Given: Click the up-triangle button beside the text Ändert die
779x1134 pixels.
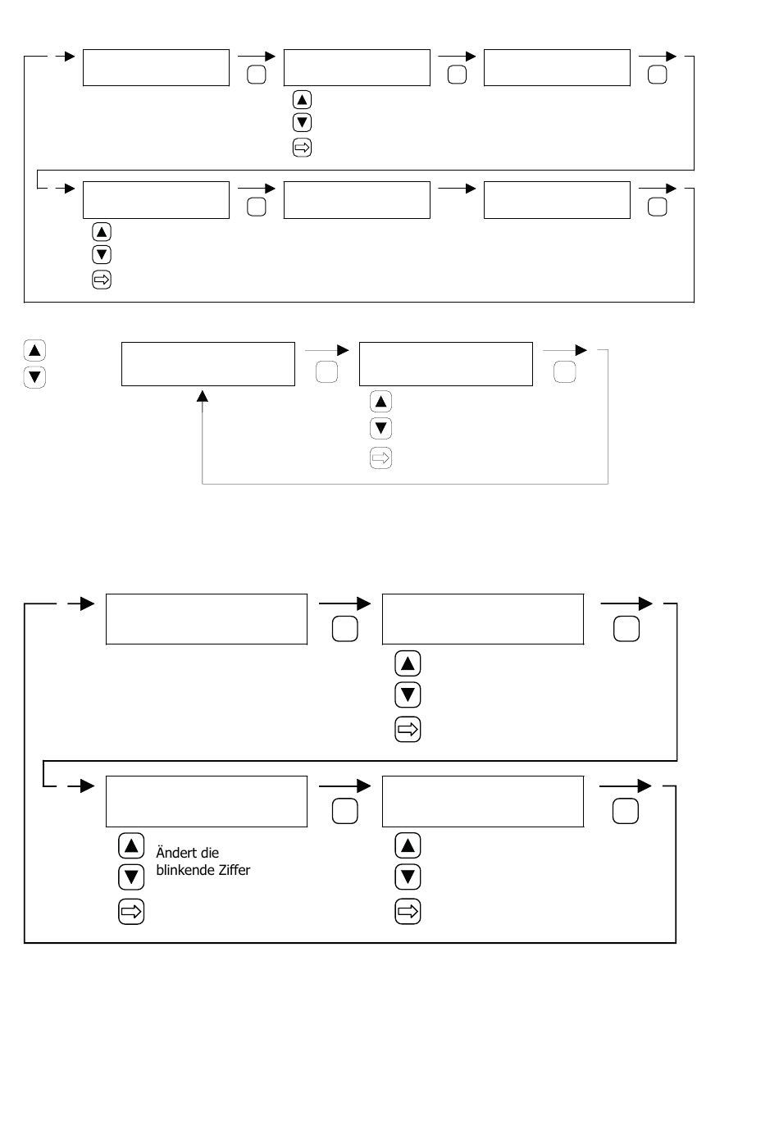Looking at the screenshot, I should [x=131, y=845].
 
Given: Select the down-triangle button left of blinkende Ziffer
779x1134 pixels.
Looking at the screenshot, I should [x=131, y=877].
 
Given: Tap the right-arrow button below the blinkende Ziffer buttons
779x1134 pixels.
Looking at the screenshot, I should [x=131, y=911].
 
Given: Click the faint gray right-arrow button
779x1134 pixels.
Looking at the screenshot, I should [x=380, y=458].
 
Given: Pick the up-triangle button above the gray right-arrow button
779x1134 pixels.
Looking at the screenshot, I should [x=380, y=402].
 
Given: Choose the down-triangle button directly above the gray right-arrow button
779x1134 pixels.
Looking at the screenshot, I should [x=380, y=428].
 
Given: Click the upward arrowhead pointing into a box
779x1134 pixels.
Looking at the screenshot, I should [x=203, y=396].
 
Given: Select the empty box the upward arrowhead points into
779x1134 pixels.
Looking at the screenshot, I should [x=207, y=364].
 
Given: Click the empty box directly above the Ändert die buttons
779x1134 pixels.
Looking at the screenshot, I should [x=207, y=802].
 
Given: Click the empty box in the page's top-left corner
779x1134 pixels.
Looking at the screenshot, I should [x=156, y=67].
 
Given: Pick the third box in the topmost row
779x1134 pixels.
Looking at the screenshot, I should [x=557, y=67].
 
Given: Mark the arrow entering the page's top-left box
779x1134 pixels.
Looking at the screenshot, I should [x=66, y=57].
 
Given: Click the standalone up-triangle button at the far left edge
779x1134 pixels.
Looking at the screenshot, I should [x=34, y=351].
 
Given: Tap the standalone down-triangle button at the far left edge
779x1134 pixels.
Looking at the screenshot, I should [x=34, y=377].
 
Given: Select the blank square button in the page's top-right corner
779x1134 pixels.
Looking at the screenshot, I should [x=657, y=75].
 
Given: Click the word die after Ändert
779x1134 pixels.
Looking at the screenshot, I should [x=210, y=853].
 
